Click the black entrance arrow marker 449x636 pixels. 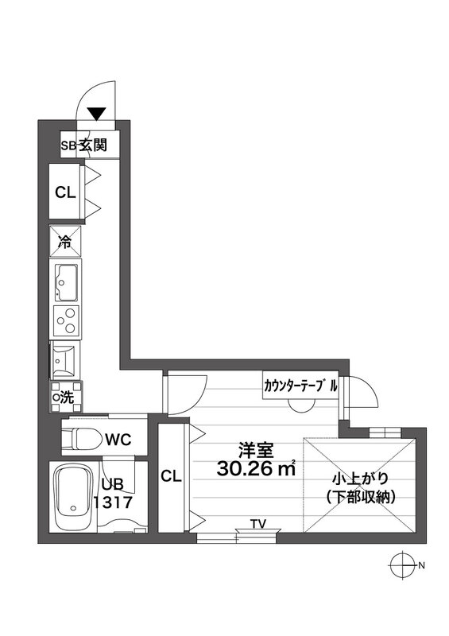pyautogui.click(x=96, y=114)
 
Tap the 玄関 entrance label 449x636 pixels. pyautogui.click(x=92, y=145)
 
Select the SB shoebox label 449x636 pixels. pyautogui.click(x=69, y=146)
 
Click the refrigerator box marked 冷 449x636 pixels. pyautogui.click(x=65, y=242)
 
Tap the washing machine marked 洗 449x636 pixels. pyautogui.click(x=66, y=397)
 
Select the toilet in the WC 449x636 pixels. pyautogui.click(x=83, y=438)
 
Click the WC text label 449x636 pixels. pyautogui.click(x=118, y=439)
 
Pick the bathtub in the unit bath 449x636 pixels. pyautogui.click(x=73, y=498)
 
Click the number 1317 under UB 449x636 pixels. pyautogui.click(x=113, y=502)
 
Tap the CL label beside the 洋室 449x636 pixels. pyautogui.click(x=171, y=476)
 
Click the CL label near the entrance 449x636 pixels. pyautogui.click(x=65, y=192)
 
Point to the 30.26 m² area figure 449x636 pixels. pyautogui.click(x=256, y=468)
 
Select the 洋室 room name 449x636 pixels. pyautogui.click(x=256, y=450)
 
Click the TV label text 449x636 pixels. pyautogui.click(x=258, y=525)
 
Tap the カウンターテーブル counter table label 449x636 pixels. pyautogui.click(x=300, y=386)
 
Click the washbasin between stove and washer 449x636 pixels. pyautogui.click(x=65, y=359)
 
